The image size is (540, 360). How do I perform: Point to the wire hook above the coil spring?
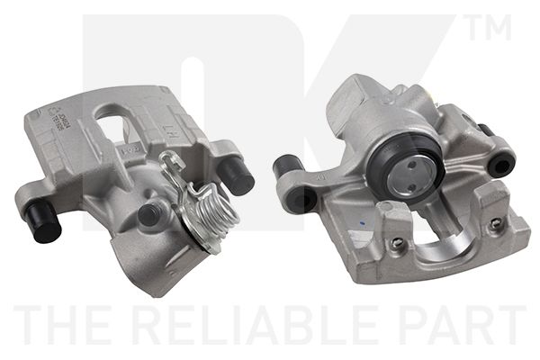pos(172,162)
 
